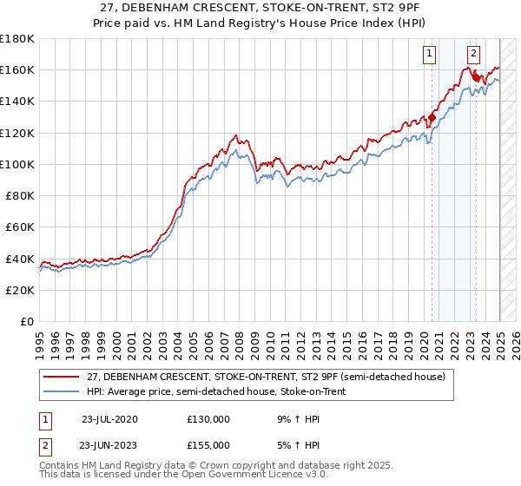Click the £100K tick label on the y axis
(17, 164)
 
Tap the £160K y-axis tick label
(17, 69)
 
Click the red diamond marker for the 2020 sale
(432, 118)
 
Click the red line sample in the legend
(63, 376)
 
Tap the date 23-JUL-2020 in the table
(109, 418)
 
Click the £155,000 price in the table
(208, 444)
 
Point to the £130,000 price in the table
(208, 418)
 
